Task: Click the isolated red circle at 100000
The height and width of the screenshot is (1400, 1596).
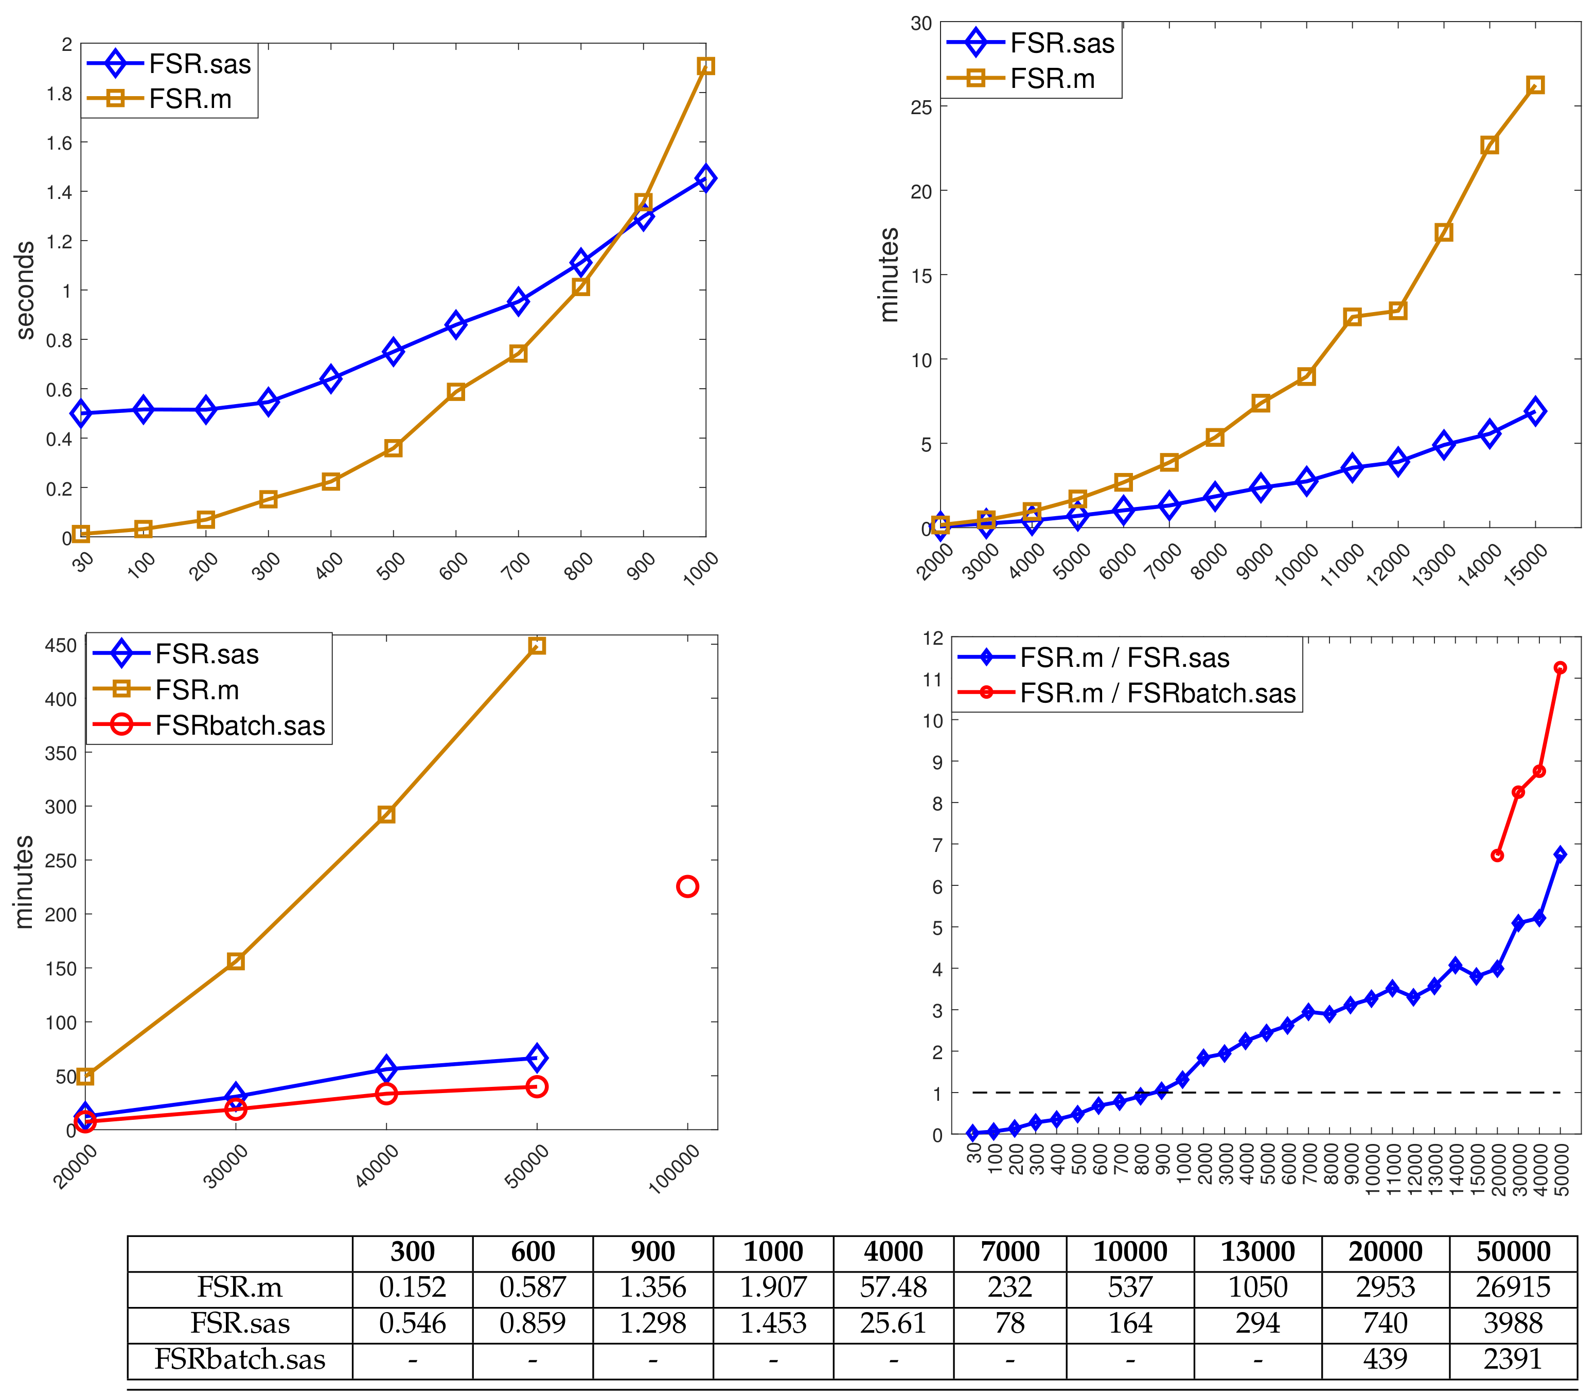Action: click(x=687, y=886)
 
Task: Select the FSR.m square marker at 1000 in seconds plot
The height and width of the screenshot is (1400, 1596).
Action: click(x=705, y=66)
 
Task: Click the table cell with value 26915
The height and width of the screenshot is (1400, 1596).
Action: click(x=1513, y=1287)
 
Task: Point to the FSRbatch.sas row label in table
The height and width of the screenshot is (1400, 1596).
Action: click(x=240, y=1359)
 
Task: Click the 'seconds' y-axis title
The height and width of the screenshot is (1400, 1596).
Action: click(x=25, y=290)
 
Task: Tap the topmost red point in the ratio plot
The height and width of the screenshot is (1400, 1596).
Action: click(x=1560, y=667)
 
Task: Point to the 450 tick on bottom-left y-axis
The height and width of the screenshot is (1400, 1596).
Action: click(x=61, y=645)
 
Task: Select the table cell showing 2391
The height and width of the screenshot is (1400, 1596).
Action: click(x=1513, y=1359)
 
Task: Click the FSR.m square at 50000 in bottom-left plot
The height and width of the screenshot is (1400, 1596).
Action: click(x=537, y=645)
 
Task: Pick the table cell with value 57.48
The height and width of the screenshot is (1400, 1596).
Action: click(x=893, y=1287)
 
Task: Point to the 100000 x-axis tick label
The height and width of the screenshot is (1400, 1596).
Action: click(x=674, y=1169)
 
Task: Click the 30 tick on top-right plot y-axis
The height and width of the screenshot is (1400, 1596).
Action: click(x=921, y=24)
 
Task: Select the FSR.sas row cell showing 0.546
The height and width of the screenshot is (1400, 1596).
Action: click(x=412, y=1323)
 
